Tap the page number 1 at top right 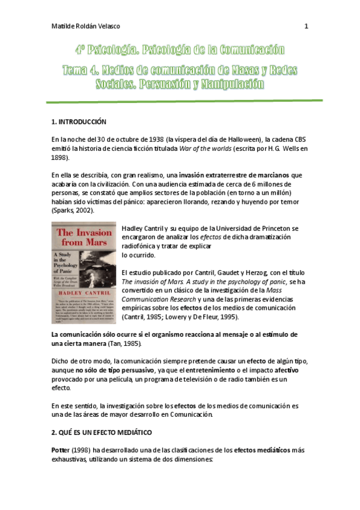[x=307, y=26]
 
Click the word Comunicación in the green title [x=247, y=50]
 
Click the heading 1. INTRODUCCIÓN [x=79, y=122]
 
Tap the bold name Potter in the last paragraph [x=62, y=450]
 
